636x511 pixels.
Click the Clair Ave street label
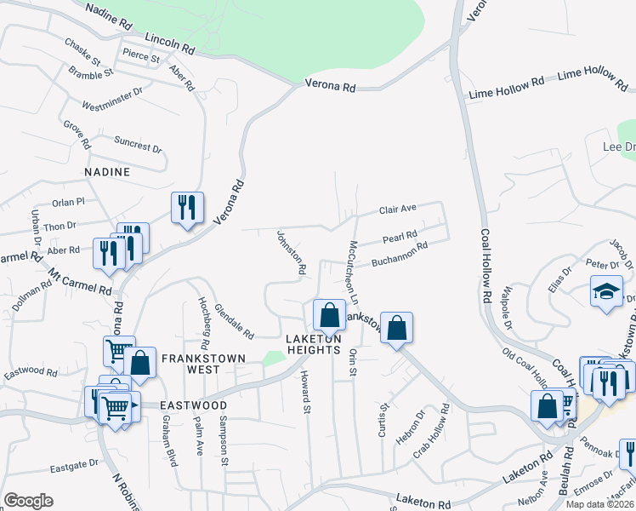tap(397, 209)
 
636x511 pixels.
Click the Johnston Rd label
tap(291, 251)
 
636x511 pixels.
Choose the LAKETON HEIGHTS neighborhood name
tap(313, 344)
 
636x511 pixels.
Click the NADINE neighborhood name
tap(107, 172)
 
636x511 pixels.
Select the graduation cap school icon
tap(606, 291)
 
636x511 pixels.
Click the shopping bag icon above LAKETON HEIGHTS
tap(328, 314)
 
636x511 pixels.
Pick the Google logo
tap(28, 501)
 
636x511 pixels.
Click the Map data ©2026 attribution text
tap(600, 504)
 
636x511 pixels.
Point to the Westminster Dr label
tap(111, 99)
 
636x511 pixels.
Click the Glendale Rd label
tap(234, 319)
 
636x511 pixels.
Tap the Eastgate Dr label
tap(74, 465)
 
